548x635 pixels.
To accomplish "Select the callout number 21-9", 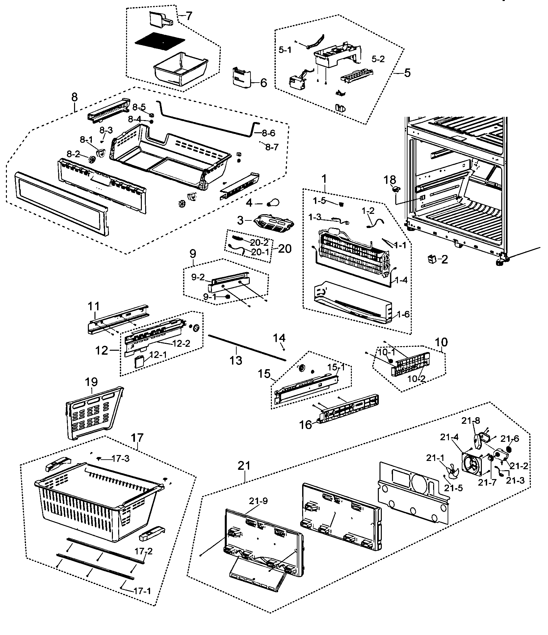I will [258, 501].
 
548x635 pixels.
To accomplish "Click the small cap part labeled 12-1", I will [140, 363].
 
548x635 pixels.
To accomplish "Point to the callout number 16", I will [306, 425].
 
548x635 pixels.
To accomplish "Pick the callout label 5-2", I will [378, 59].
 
